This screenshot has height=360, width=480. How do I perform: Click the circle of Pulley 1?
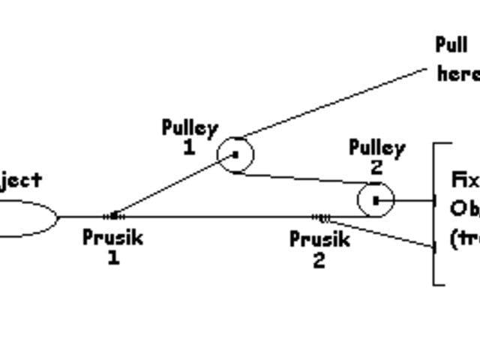235,154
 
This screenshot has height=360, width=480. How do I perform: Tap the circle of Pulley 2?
375,200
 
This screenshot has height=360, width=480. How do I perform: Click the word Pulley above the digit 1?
190,127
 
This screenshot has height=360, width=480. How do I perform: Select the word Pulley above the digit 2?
376,148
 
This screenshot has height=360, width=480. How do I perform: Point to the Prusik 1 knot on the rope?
113,216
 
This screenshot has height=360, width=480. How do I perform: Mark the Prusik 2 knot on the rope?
322,217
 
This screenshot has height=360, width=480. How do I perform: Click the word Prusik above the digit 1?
112,238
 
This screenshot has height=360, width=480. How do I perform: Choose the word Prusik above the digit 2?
319,240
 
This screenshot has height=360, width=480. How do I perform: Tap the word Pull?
452,45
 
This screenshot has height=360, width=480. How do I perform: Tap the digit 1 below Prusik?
112,258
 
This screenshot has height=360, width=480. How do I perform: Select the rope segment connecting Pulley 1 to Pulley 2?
300,179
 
